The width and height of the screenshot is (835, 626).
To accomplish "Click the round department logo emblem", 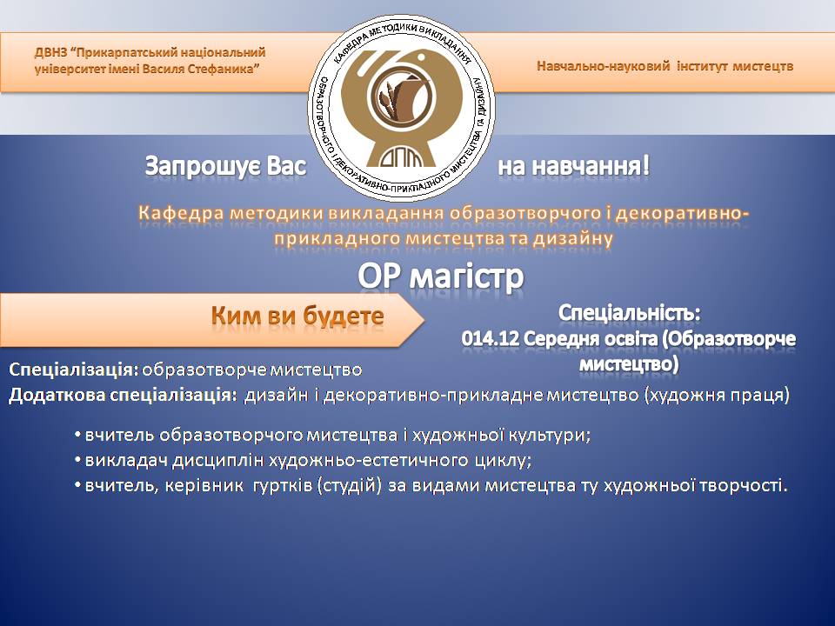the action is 402,108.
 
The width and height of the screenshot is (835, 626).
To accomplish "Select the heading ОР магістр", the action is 441,276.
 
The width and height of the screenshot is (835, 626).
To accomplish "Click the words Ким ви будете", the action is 297,316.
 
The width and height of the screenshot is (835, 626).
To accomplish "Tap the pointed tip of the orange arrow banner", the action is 424,320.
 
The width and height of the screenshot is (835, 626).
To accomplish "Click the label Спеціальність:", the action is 629,313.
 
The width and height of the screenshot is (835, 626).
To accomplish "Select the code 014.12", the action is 490,338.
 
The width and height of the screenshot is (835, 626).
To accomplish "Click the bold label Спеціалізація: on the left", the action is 73,370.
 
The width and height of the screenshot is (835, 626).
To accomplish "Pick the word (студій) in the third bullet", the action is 349,485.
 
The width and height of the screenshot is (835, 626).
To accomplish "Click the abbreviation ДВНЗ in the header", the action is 51,53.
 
